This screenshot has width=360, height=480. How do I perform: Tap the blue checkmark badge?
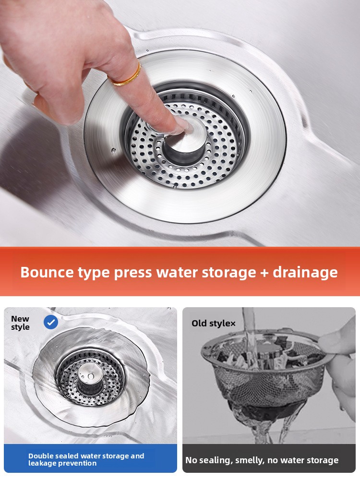coord(51,322)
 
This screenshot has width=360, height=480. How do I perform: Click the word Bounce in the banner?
coord(47,272)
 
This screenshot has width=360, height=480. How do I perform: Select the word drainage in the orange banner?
coord(305,273)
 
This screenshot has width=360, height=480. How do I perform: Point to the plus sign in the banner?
coord(264,273)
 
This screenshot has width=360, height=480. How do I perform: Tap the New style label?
coord(20,323)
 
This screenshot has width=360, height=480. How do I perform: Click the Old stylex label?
coord(214,323)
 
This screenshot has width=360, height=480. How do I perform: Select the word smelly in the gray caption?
coord(248,460)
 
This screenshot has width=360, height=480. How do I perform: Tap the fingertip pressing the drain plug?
coord(183,126)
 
